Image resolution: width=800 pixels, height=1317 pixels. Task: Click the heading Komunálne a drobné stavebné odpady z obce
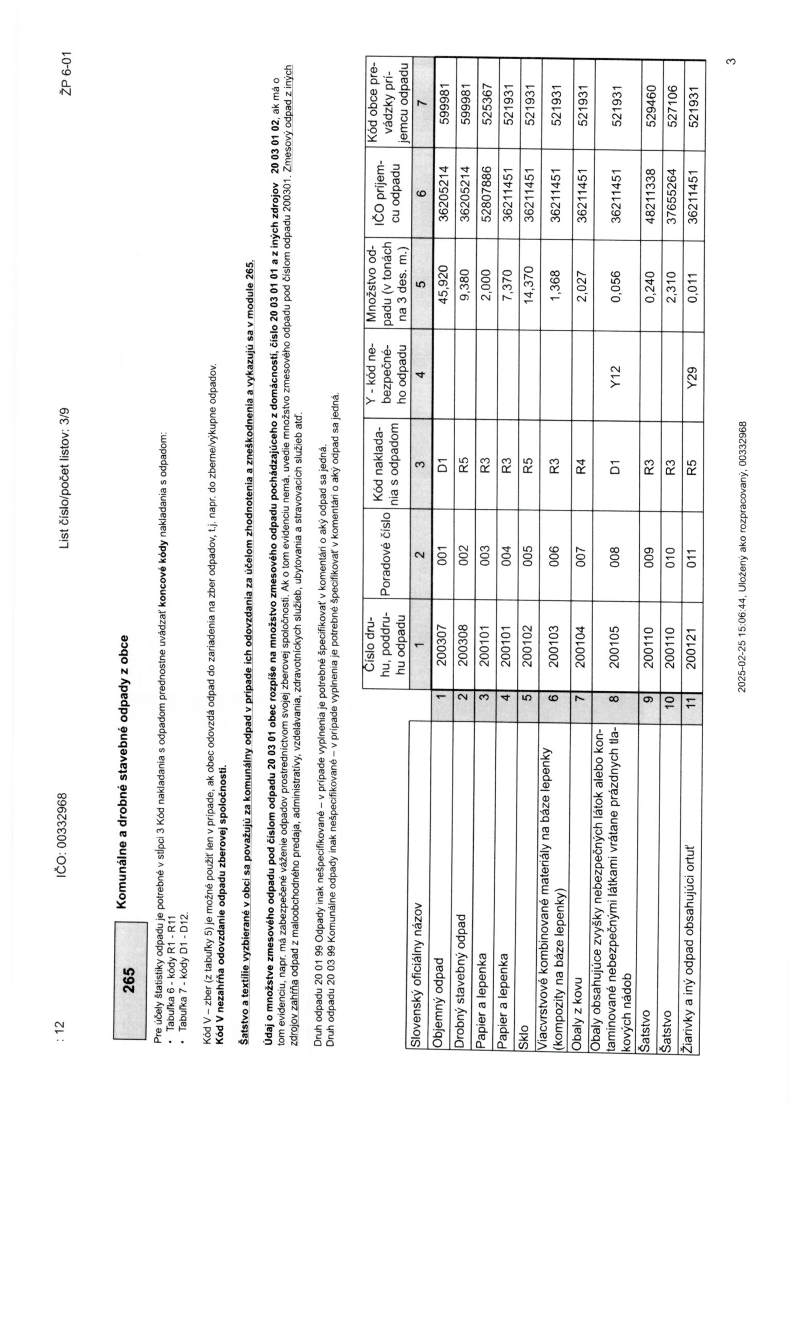123,773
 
